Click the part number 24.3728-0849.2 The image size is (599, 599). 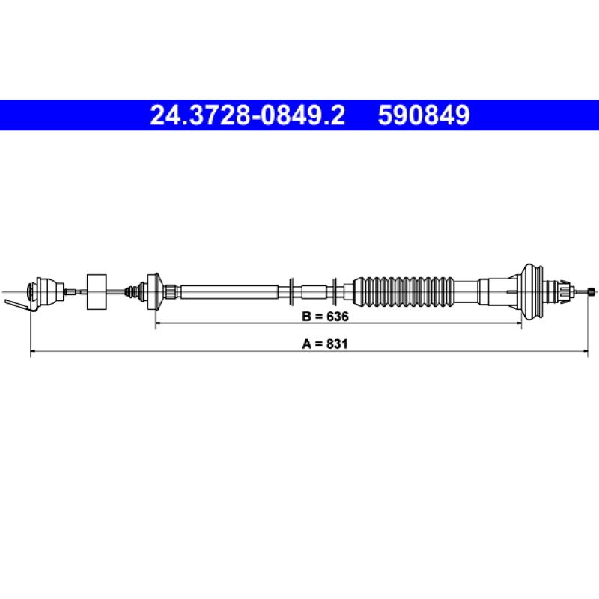248,115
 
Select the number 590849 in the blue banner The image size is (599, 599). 424,115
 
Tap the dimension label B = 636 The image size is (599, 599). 325,316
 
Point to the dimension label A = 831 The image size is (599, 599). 325,344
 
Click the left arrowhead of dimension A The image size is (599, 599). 33,350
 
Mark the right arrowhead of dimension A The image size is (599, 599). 586,350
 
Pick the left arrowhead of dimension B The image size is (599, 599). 158,323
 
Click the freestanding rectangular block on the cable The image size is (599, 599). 97,292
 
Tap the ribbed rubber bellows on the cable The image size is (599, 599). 404,292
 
